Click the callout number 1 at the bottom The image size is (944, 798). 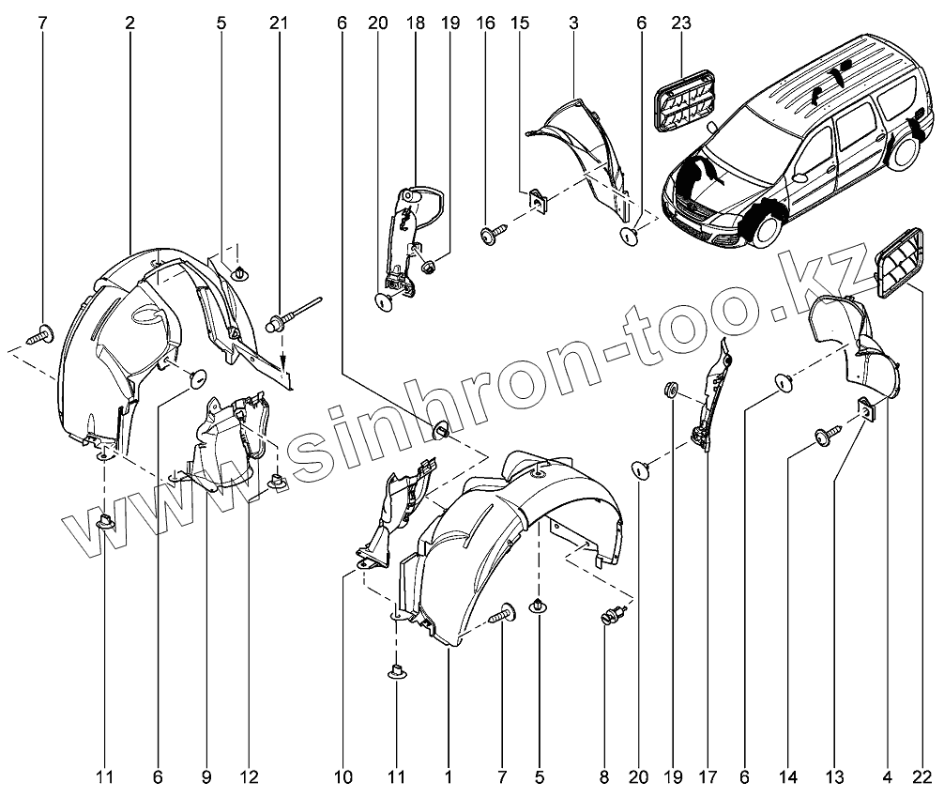449,777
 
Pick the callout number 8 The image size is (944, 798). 604,777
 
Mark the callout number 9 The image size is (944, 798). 206,777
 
